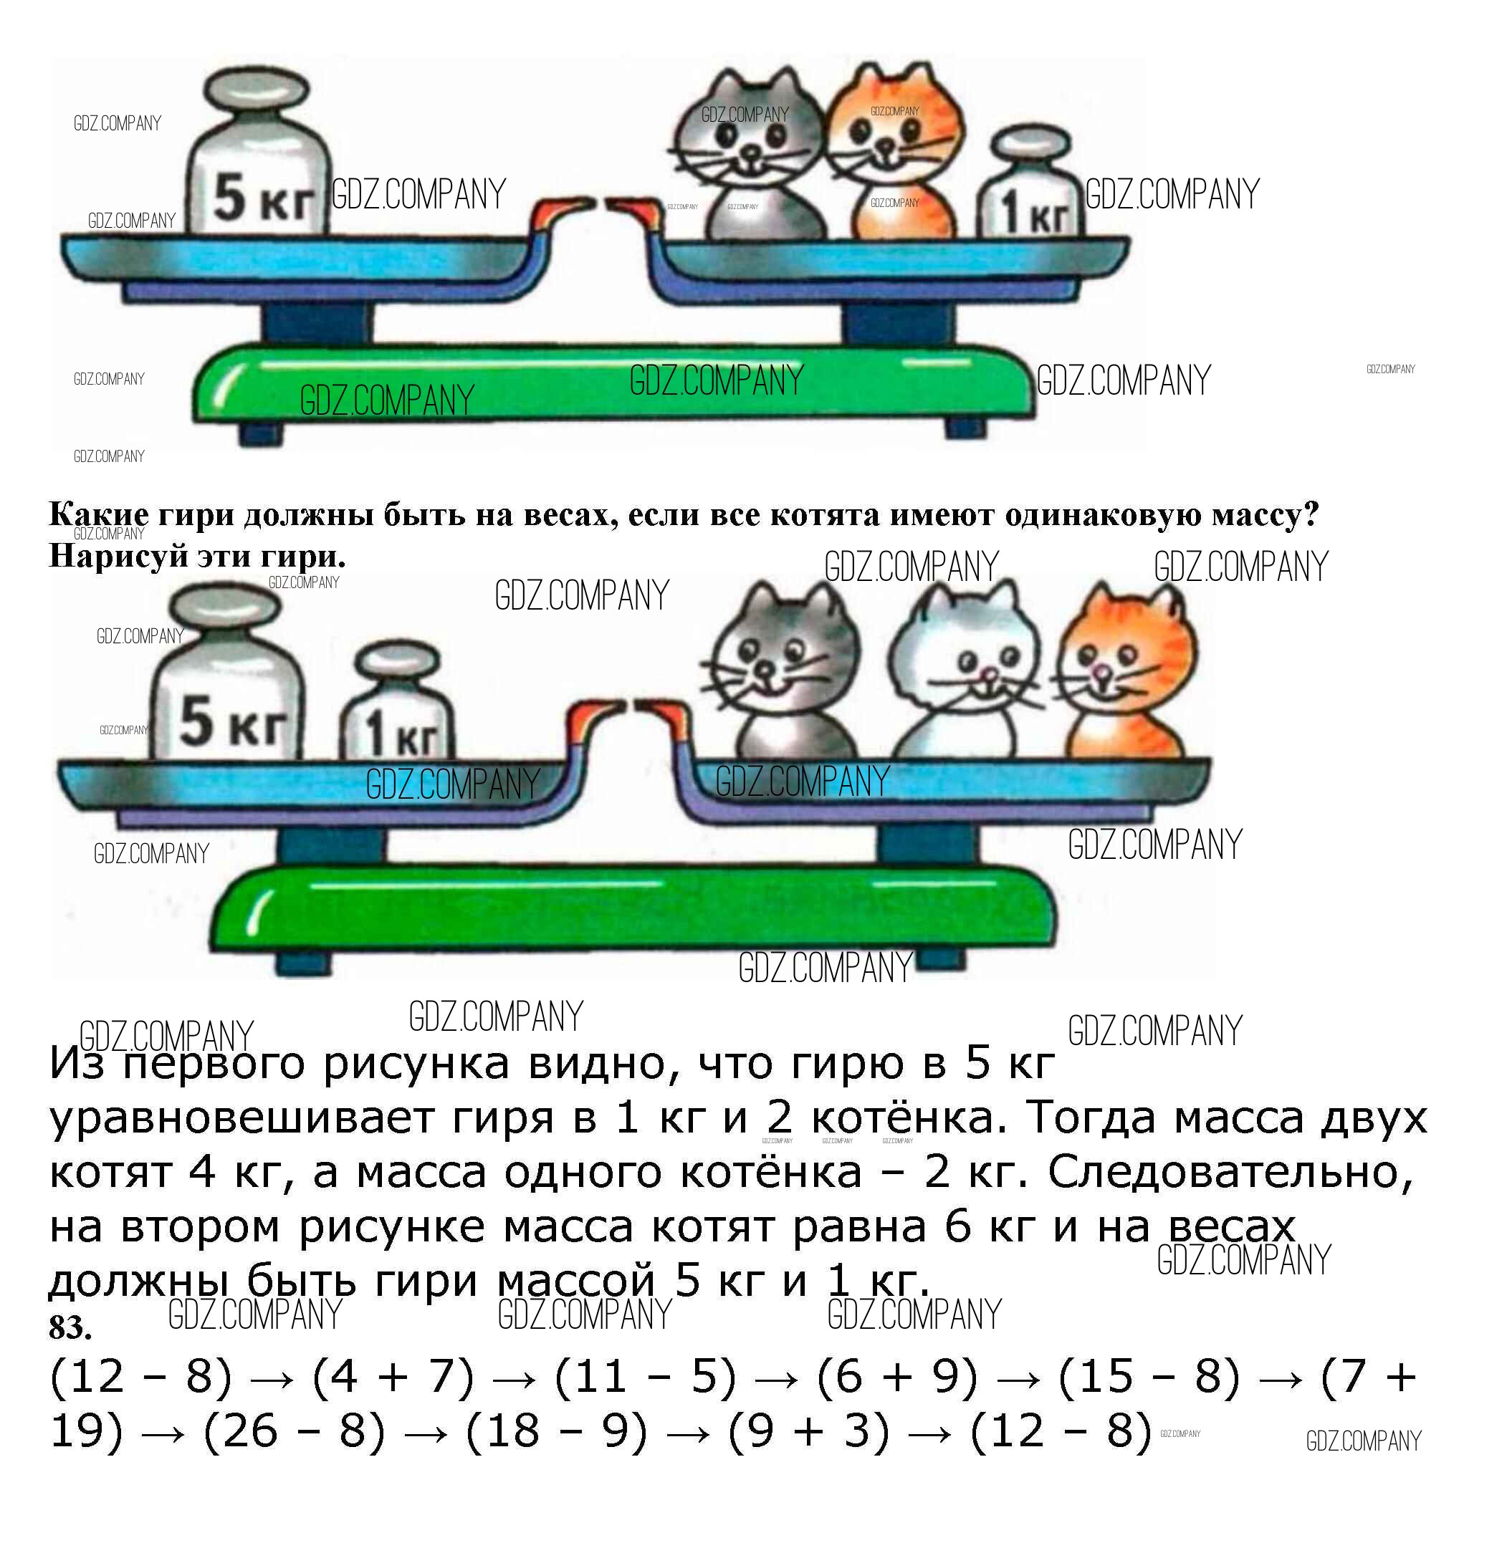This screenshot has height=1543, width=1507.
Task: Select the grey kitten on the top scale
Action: click(x=745, y=154)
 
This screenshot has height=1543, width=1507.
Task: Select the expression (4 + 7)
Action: click(x=393, y=1378)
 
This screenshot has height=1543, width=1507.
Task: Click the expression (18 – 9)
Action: click(x=556, y=1431)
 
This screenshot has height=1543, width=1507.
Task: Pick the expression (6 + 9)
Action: click(x=898, y=1378)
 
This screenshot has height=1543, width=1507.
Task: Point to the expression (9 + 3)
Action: click(x=809, y=1431)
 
